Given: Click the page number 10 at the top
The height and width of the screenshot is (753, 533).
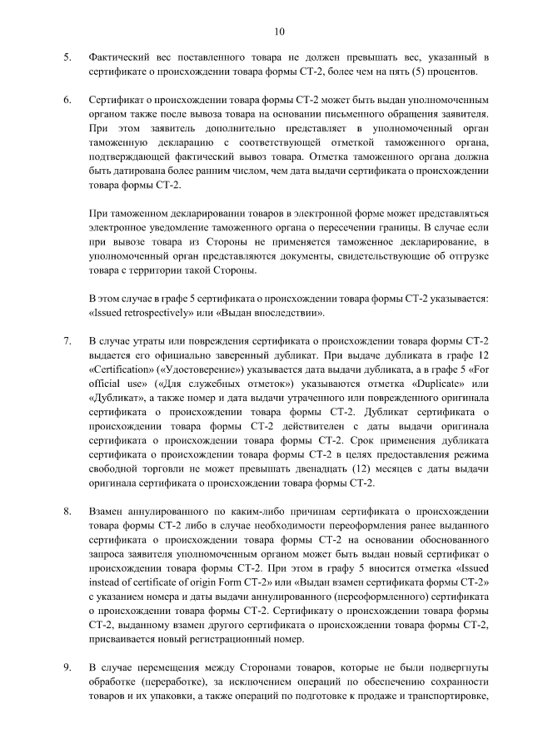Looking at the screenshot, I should click(279, 32).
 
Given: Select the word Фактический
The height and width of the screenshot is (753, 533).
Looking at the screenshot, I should click(118, 57).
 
